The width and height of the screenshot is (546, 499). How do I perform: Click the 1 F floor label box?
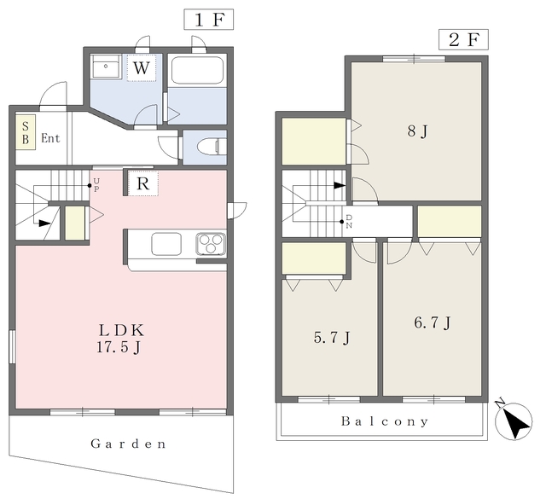[208, 20]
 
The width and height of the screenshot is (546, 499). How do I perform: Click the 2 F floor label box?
[463, 40]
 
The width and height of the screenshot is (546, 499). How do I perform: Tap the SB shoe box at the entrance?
[26, 132]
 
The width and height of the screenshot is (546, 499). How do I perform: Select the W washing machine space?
[141, 67]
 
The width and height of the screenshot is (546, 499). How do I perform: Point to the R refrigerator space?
[143, 183]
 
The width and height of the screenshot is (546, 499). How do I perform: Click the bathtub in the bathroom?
[197, 70]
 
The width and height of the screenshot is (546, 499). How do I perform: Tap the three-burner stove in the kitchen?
[211, 243]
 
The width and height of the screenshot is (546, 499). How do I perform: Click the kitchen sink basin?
[166, 243]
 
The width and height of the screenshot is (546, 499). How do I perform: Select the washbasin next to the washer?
[106, 67]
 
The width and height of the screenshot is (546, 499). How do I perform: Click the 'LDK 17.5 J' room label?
[120, 339]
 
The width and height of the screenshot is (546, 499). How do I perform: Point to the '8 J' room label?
[417, 131]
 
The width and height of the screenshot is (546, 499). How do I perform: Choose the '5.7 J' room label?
[332, 338]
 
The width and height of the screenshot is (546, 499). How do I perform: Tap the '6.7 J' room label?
[433, 322]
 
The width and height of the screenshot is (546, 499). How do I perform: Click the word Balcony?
[385, 421]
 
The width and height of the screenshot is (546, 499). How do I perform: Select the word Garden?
[128, 444]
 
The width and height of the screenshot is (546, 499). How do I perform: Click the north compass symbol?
[514, 421]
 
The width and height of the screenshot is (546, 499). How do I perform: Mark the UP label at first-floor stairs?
[96, 185]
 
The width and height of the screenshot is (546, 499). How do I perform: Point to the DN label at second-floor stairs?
[349, 222]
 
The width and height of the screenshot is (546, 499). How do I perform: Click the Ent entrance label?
[50, 138]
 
